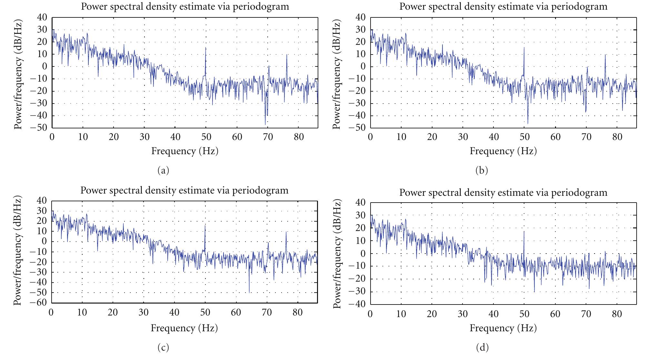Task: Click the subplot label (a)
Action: pos(163,170)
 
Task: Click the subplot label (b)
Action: pos(481,170)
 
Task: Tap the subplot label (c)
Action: pos(163,347)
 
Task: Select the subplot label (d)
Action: pos(482,347)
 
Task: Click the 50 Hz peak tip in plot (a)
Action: pos(206,47)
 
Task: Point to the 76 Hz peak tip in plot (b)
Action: pos(605,54)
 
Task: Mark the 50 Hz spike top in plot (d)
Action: pos(524,231)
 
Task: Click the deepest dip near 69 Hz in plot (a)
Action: pos(265,125)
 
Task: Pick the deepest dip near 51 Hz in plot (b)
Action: pos(528,124)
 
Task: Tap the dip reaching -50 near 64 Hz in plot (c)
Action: pos(249,292)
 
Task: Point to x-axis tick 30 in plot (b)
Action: pos(463,137)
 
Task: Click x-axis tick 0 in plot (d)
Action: pos(370,314)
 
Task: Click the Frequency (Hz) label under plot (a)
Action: pos(185,151)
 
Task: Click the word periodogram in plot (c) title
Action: pos(259,191)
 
